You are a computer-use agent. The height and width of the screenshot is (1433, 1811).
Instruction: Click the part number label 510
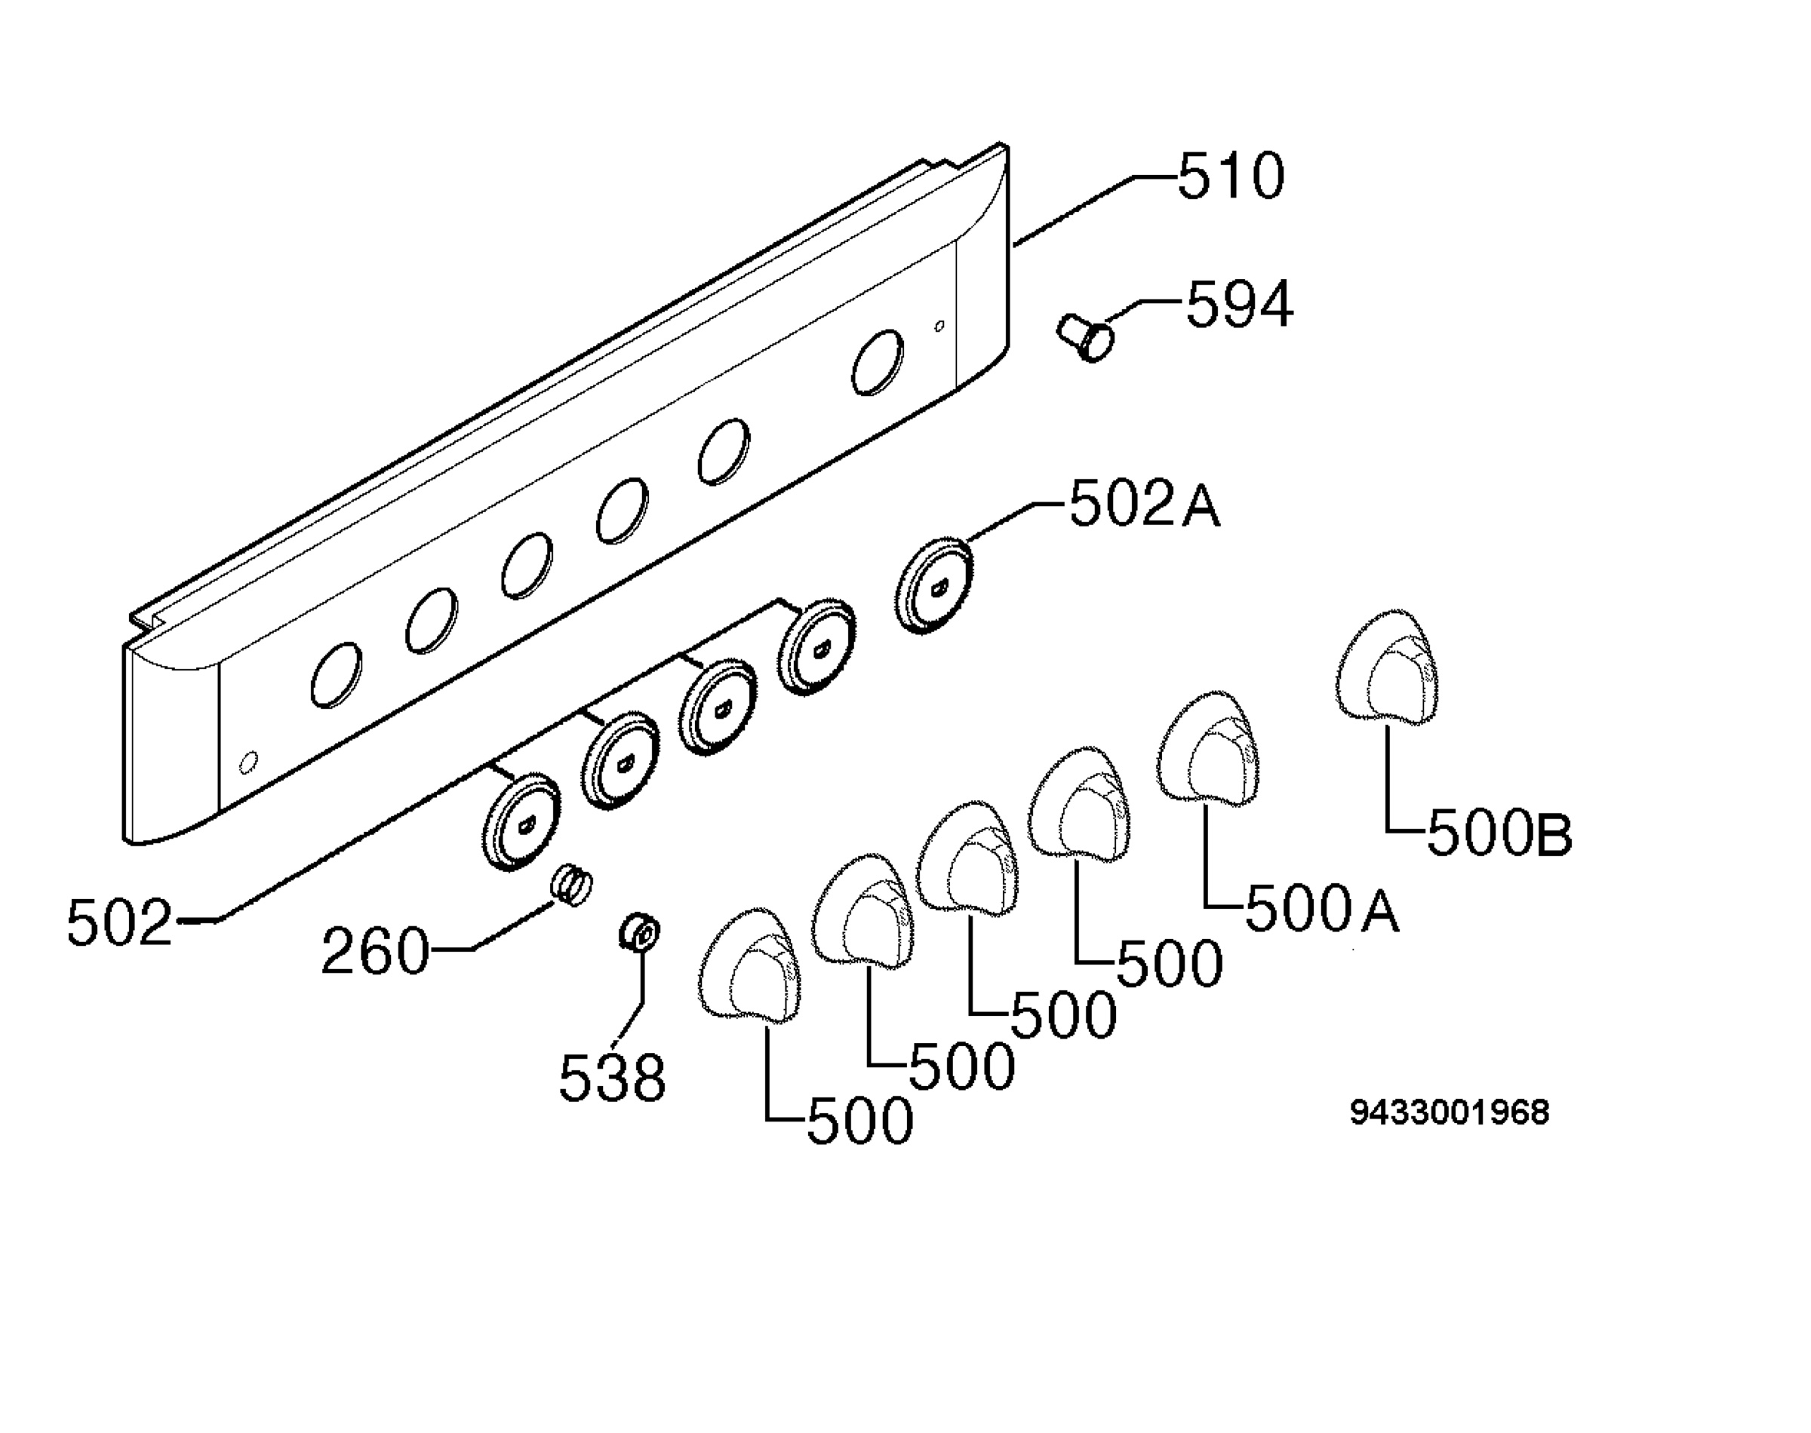(1230, 176)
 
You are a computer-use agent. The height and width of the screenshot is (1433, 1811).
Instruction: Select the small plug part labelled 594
(1085, 337)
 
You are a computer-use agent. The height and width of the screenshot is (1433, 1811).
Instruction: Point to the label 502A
(1145, 505)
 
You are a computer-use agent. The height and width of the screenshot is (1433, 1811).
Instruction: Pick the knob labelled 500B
(1385, 667)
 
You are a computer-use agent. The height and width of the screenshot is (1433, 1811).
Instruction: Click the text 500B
(1499, 834)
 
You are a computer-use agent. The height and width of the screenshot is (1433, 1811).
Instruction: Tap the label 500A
(1323, 910)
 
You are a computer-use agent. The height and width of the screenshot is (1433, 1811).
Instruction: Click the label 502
(119, 922)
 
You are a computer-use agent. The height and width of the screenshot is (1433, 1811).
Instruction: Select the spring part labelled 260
(571, 886)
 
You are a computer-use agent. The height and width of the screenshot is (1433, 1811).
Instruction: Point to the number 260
(374, 951)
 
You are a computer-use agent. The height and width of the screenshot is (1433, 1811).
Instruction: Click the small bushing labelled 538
(639, 934)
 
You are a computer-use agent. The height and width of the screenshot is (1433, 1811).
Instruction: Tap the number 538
(612, 1077)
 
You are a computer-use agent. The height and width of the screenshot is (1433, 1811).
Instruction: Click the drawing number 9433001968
(1450, 1112)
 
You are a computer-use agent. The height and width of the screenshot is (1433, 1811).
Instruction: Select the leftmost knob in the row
(749, 965)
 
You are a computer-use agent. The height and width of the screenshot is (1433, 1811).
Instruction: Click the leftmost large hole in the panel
(337, 675)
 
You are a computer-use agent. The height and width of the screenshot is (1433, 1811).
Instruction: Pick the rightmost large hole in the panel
(878, 361)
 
